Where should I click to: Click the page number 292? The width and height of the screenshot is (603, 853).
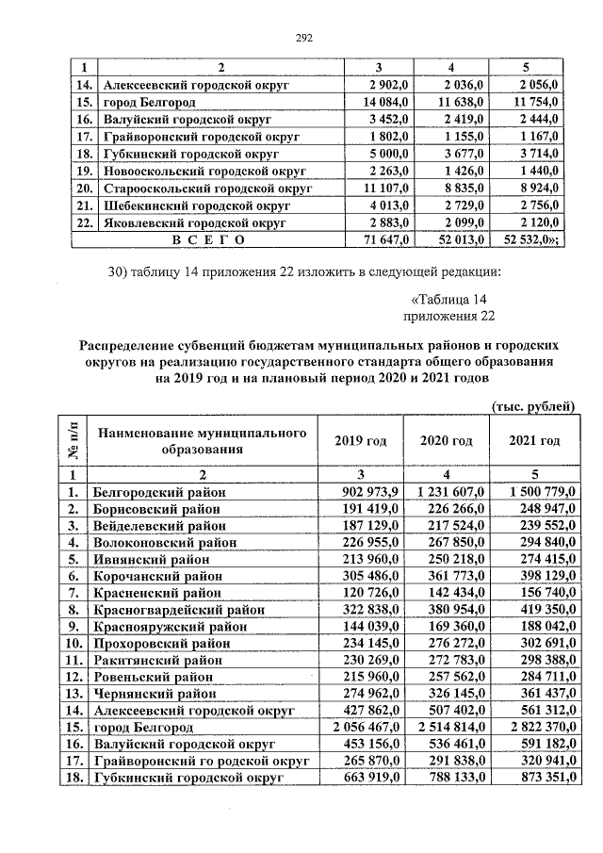(303, 39)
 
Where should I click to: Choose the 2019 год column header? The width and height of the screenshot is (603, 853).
(362, 441)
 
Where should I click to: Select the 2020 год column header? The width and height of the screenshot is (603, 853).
(447, 441)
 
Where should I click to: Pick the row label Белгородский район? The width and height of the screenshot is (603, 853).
(155, 492)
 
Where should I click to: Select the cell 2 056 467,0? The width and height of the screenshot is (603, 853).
(367, 729)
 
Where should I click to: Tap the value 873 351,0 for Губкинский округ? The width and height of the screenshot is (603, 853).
(533, 779)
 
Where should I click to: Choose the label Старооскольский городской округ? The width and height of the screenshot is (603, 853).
(201, 188)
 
